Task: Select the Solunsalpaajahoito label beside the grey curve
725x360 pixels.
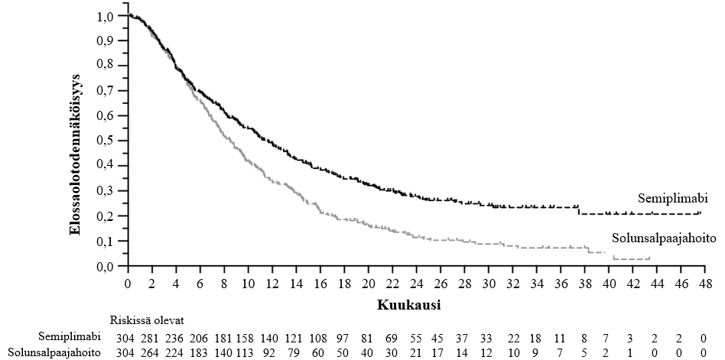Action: (663, 238)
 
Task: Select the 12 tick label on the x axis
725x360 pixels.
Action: (272, 282)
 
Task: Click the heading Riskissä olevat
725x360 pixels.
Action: (148, 320)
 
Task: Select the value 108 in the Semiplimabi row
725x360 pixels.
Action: (320, 336)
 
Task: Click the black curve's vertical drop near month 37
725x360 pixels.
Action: (579, 209)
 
